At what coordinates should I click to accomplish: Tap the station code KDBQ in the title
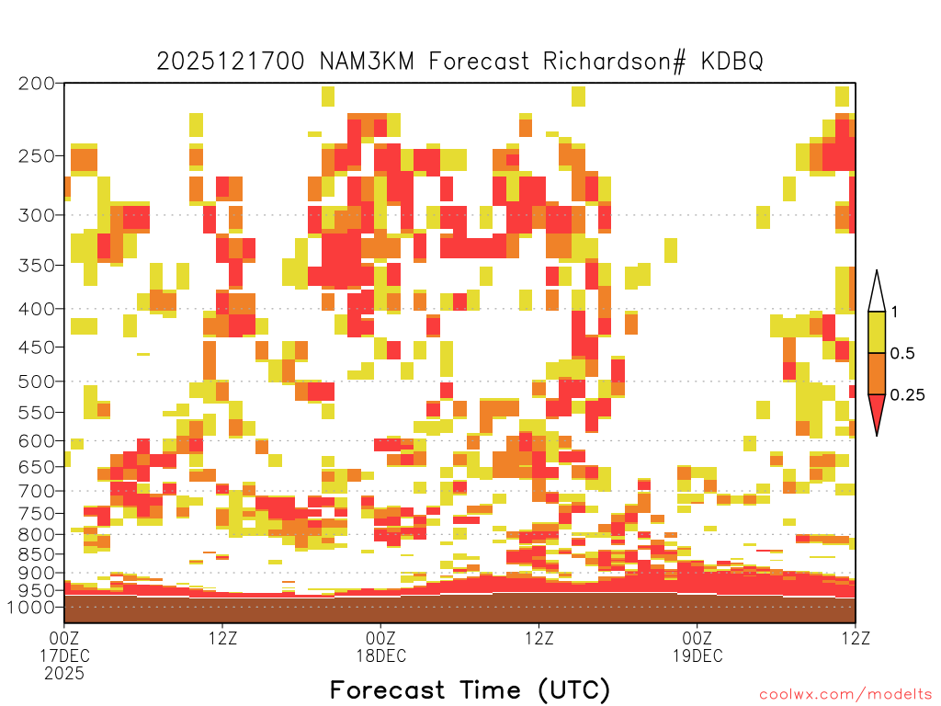click(731, 62)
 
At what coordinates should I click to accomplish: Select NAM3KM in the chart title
click(367, 62)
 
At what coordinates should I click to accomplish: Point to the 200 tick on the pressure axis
click(37, 84)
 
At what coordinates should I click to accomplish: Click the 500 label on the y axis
click(37, 381)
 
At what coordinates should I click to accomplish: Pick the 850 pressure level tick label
click(37, 554)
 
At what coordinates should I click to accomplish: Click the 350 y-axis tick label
click(37, 266)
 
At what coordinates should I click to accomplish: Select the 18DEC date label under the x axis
click(381, 655)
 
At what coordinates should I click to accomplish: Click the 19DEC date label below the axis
click(697, 655)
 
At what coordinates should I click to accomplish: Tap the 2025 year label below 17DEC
click(64, 674)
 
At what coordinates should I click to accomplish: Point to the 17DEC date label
click(64, 655)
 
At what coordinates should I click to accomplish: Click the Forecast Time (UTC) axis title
click(470, 689)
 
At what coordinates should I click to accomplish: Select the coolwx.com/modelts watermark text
click(847, 695)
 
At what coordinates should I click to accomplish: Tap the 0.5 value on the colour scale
click(902, 353)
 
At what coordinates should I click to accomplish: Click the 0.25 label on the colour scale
click(907, 394)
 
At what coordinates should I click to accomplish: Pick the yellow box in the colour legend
click(877, 332)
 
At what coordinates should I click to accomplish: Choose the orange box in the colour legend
click(877, 373)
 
